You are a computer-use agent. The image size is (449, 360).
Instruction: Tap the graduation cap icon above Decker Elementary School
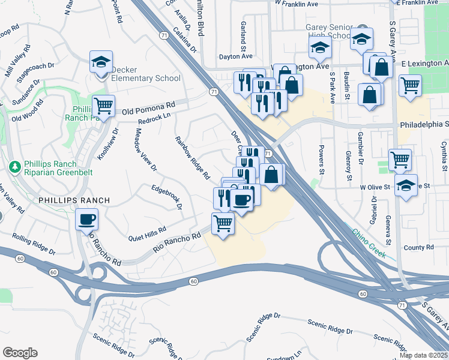pyautogui.click(x=101, y=61)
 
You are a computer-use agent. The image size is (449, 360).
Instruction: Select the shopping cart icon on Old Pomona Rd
pyautogui.click(x=103, y=106)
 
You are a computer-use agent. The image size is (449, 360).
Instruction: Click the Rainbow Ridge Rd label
pyautogui.click(x=192, y=158)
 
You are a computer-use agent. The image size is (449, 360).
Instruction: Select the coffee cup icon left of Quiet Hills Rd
pyautogui.click(x=86, y=219)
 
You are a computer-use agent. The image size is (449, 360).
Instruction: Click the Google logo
pyautogui.click(x=20, y=353)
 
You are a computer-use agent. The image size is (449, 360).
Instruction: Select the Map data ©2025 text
pyautogui.click(x=423, y=355)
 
